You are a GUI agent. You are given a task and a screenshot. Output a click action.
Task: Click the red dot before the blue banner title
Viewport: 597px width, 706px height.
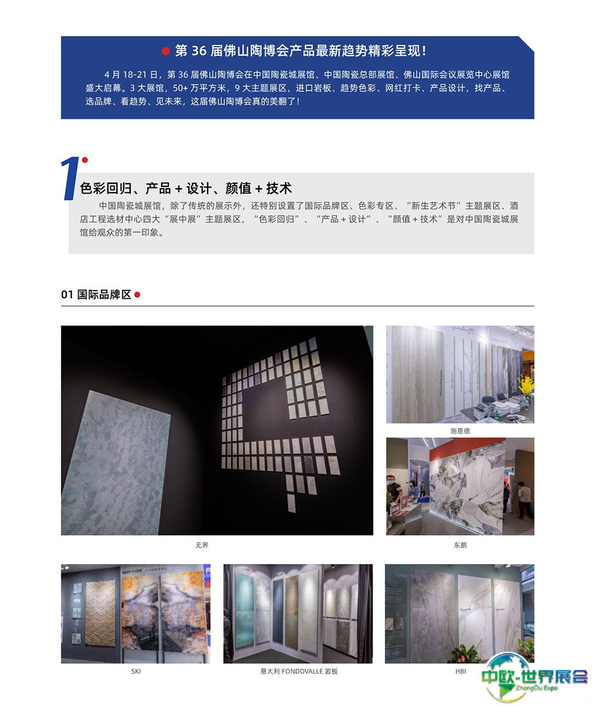click(x=165, y=51)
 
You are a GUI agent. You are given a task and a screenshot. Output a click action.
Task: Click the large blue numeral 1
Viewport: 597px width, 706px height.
click(x=70, y=178)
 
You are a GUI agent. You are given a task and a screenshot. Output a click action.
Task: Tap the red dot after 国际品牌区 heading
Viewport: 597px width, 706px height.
click(x=137, y=295)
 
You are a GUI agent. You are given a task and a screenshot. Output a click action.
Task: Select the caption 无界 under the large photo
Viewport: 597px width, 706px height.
click(x=202, y=545)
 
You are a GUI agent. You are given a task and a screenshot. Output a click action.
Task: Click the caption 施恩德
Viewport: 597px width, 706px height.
click(x=460, y=431)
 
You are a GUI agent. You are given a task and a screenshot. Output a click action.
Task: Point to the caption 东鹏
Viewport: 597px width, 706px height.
click(x=460, y=545)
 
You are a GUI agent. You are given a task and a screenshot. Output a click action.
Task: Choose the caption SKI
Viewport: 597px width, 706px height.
click(x=136, y=671)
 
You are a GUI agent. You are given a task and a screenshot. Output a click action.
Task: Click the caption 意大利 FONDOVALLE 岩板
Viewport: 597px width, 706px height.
click(x=298, y=671)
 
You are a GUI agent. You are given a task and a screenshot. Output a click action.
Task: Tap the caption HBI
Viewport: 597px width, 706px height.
click(x=460, y=671)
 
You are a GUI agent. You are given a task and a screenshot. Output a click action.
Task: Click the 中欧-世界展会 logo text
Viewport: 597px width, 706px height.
click(x=534, y=676)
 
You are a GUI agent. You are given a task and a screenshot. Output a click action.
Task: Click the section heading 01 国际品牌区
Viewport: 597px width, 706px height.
click(x=96, y=294)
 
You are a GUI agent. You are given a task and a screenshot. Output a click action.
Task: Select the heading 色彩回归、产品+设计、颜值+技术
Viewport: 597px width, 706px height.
click(x=186, y=188)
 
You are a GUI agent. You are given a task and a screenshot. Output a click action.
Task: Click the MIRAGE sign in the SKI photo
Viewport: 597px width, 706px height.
click(x=132, y=571)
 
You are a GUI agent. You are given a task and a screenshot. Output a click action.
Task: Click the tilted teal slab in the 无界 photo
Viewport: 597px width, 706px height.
click(x=115, y=463)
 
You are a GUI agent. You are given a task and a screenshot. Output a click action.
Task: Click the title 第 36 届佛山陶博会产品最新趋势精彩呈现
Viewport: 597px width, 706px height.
click(x=300, y=51)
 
